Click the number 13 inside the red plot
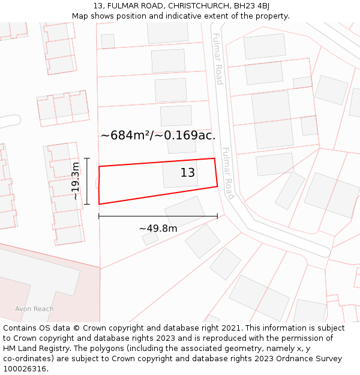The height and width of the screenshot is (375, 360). (188, 173)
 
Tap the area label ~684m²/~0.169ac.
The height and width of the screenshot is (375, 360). (158, 135)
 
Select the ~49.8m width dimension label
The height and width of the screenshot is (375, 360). (158, 229)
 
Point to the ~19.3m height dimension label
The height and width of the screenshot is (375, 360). (76, 181)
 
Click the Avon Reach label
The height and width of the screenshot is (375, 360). (34, 309)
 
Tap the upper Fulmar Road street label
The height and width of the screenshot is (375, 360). (218, 59)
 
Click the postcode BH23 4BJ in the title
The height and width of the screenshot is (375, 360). (248, 6)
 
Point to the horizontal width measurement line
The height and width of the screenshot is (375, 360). (158, 216)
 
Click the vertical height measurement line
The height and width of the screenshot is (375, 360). (87, 181)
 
